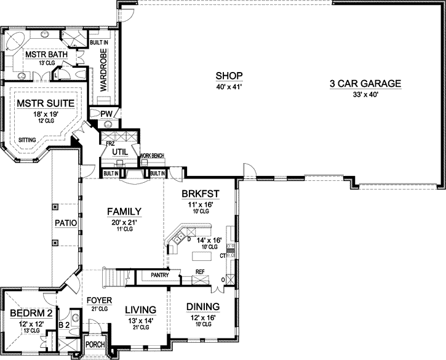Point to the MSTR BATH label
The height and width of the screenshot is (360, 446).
click(42, 55)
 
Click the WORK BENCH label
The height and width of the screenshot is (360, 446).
click(152, 156)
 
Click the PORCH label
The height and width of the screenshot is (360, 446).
click(95, 345)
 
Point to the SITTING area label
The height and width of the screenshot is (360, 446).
click(26, 140)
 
